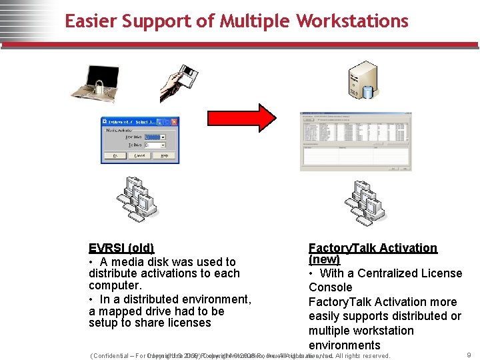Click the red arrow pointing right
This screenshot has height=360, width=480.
[257, 117]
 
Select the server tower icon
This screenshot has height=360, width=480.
[363, 80]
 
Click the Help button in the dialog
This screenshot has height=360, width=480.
[163, 155]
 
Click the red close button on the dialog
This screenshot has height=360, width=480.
[175, 122]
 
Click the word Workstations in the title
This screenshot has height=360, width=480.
[352, 21]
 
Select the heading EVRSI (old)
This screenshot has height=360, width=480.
[121, 248]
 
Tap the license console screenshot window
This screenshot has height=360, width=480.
[355, 141]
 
